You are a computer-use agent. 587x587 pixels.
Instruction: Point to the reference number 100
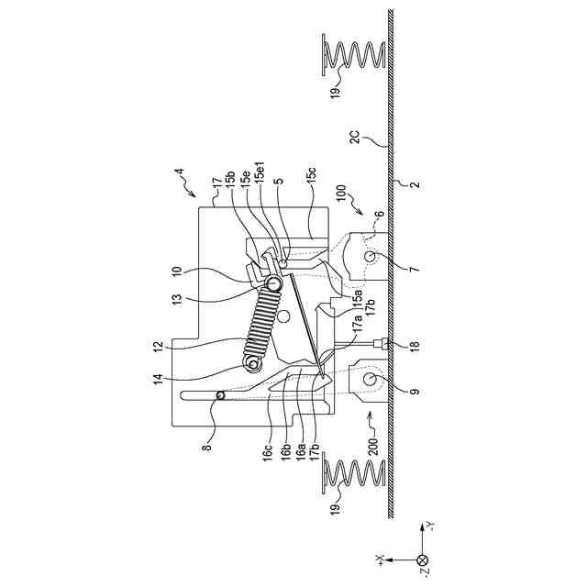tap(341, 195)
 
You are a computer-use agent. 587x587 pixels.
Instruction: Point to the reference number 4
tap(180, 172)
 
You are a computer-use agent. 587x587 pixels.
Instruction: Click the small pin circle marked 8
tap(220, 396)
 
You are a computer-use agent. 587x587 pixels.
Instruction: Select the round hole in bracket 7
tap(371, 260)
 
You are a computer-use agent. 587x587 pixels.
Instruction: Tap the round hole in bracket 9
tap(371, 379)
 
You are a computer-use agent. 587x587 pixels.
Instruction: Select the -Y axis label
tap(430, 527)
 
